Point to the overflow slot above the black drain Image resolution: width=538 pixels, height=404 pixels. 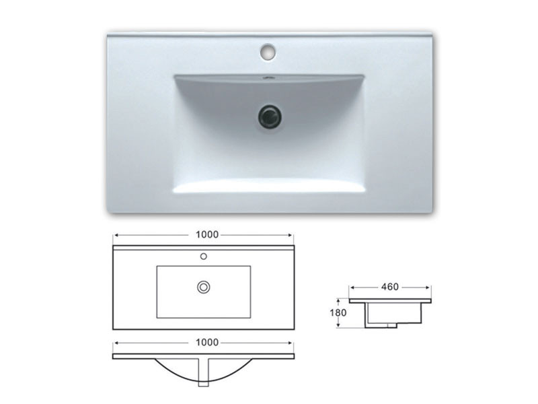click(x=269, y=79)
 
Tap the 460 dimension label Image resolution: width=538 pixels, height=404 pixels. click(x=390, y=286)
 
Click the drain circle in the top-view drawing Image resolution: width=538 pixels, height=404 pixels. click(x=202, y=287)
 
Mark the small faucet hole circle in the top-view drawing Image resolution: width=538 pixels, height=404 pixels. click(x=202, y=256)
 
